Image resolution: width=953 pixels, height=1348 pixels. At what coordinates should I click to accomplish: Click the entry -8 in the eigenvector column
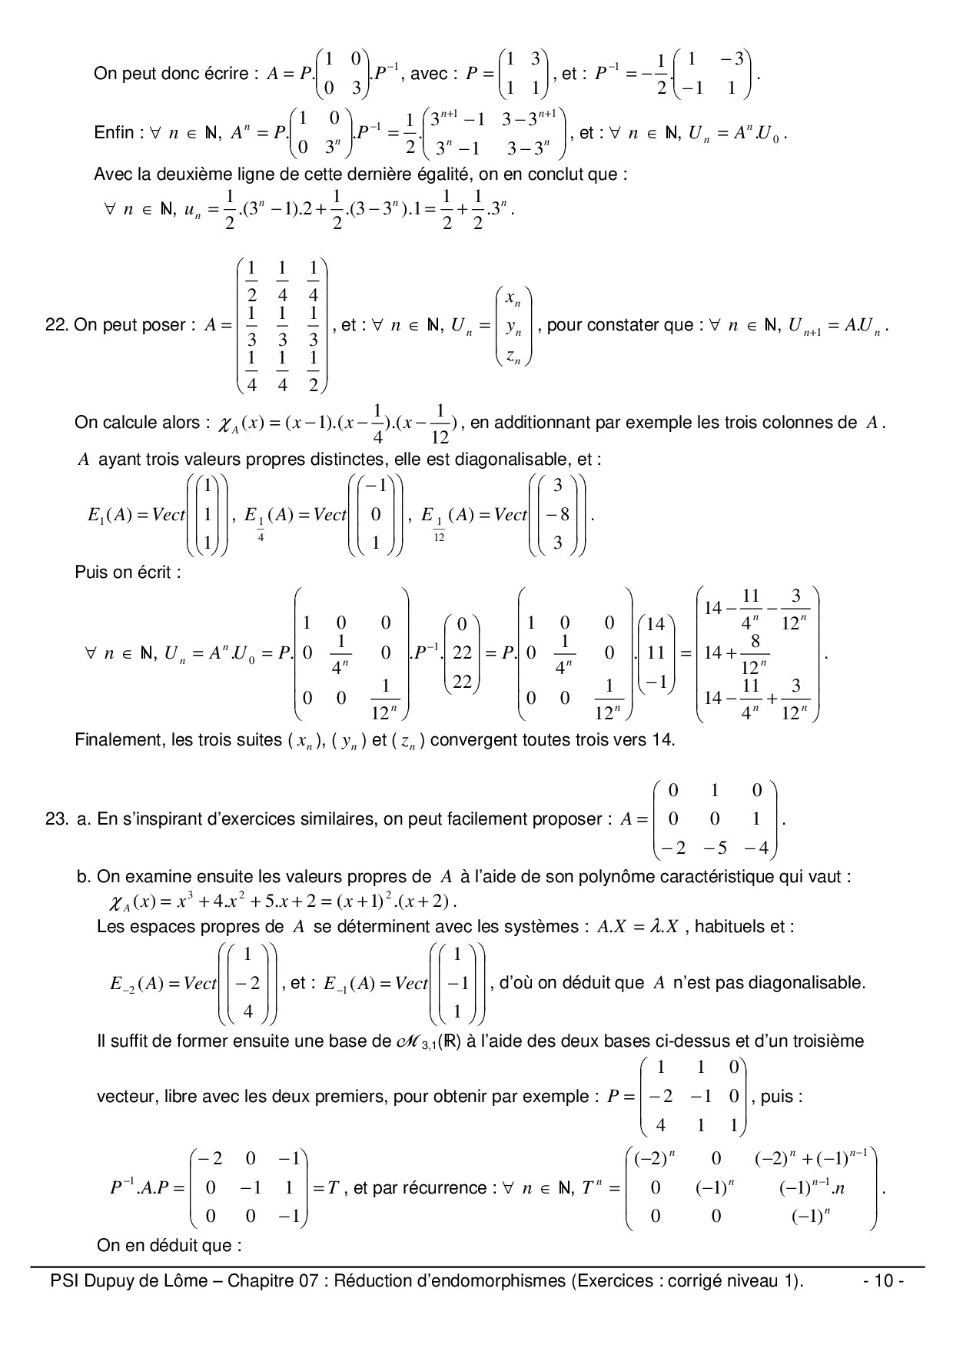558,514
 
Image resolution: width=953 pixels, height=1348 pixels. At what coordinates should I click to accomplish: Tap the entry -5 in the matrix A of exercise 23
715,848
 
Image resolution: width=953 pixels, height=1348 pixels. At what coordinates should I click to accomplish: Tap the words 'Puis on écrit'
128,573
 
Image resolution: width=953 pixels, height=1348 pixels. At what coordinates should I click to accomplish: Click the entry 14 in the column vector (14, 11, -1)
656,624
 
